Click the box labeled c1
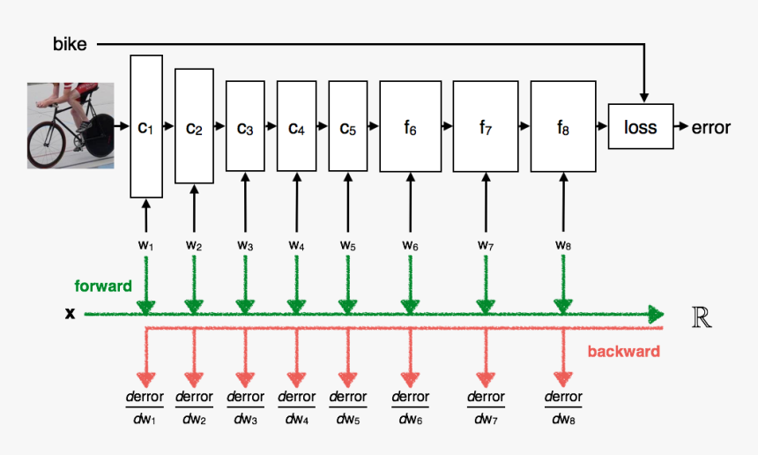point(146,126)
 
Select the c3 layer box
point(245,126)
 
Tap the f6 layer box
point(410,126)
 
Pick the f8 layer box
point(563,126)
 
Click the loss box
point(641,126)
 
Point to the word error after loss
point(711,127)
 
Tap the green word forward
point(103,286)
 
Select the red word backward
point(623,352)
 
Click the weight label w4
point(297,244)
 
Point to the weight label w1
point(146,244)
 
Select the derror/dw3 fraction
point(246,407)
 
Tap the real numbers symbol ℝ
point(702,317)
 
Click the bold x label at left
point(70,313)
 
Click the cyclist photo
point(71,125)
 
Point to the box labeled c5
point(348,126)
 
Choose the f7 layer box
point(486,126)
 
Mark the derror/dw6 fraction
point(411,407)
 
